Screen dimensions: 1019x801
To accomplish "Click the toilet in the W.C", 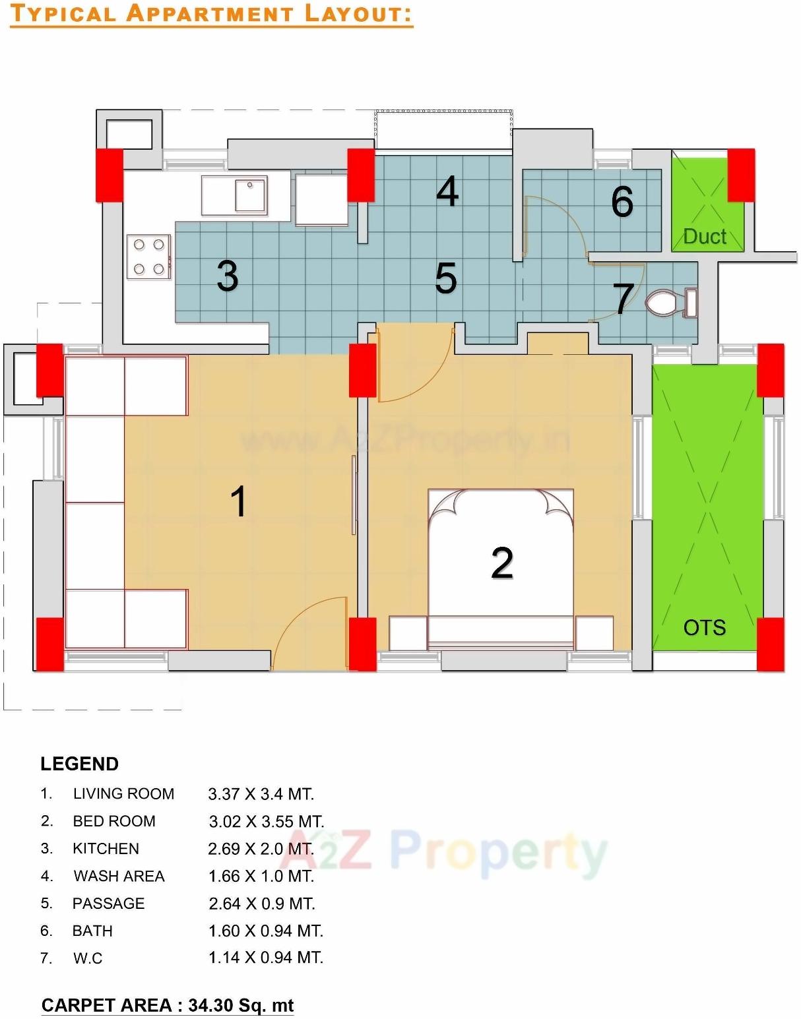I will [669, 303].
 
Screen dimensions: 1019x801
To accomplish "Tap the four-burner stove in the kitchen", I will [148, 257].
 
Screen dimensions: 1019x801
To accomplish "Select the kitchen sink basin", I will [250, 194].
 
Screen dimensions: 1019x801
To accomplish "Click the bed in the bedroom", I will [501, 567].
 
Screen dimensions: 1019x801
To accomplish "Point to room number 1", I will [238, 501].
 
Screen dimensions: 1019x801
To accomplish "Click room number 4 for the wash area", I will [447, 192].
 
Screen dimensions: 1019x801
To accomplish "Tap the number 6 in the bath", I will [622, 201].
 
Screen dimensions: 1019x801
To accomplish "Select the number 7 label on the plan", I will [624, 298].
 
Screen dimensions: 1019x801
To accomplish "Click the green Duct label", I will [705, 236].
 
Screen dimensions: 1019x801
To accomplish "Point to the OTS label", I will [704, 627].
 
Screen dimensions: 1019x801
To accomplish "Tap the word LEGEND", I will [79, 764].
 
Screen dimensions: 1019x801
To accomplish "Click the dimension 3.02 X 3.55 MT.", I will [267, 821].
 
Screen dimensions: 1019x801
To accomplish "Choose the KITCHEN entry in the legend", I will [106, 848].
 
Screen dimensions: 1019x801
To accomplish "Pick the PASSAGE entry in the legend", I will [108, 903].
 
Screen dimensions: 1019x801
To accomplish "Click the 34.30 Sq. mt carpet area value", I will [241, 1005].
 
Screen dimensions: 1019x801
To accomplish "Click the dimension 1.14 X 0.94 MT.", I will [266, 957].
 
